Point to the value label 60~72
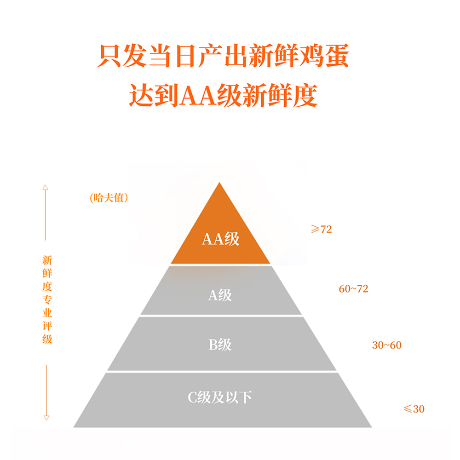353,289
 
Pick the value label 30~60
386,345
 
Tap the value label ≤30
414,408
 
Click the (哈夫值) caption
108,198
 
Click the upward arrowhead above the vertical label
46,188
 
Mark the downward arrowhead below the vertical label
46,417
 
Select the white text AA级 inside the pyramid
220,239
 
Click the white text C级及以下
220,397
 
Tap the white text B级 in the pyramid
220,345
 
